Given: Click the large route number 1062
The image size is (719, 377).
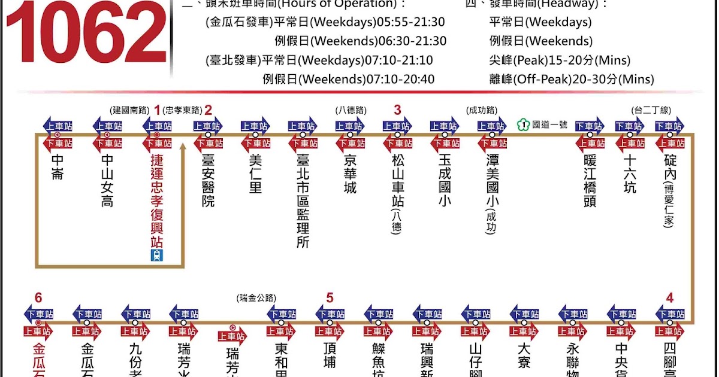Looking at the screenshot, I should point(86,33).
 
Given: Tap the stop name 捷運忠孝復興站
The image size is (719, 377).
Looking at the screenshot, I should point(158,201).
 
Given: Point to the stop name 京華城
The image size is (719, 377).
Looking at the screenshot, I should point(350,174).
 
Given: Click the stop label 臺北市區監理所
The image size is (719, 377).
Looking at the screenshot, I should point(303,201).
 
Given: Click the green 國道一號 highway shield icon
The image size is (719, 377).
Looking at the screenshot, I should point(522,125).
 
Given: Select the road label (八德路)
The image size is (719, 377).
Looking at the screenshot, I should point(351,110).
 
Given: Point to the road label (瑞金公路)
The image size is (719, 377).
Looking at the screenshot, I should point(256,297).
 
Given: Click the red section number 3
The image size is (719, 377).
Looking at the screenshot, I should point(397,110).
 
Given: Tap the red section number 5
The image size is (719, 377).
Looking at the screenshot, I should point(330,297).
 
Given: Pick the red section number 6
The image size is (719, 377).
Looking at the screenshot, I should point(38,298).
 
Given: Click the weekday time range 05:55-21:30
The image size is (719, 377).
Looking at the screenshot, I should point(411,22).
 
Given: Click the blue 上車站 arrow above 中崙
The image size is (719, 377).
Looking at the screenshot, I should point(58,126).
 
